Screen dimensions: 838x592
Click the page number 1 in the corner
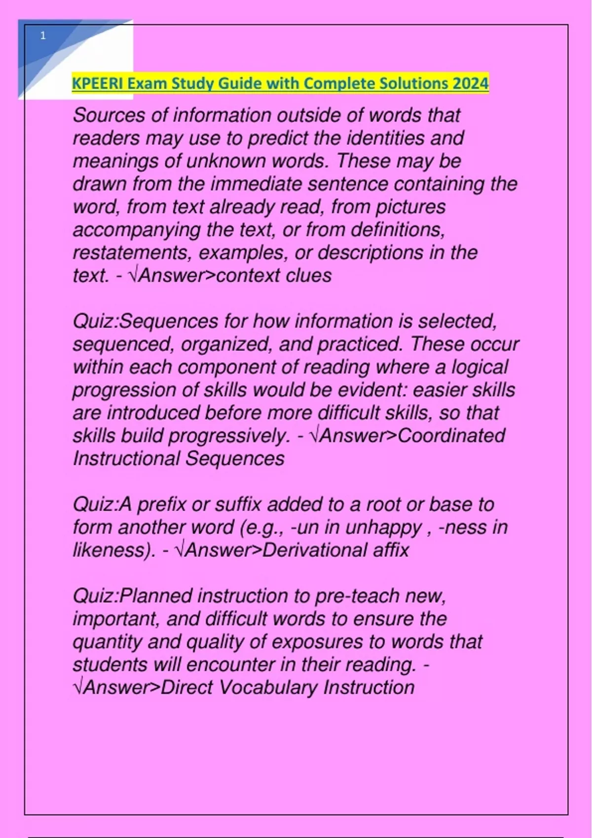43,35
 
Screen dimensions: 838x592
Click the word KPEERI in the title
97,83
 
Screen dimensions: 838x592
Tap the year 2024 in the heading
471,83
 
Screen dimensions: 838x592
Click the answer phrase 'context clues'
274,275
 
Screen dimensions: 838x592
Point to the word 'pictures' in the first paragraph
410,207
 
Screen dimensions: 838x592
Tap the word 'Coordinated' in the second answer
451,435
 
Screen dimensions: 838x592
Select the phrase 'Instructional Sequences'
179,458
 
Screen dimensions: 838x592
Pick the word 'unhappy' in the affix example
383,527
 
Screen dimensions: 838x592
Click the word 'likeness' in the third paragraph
113,550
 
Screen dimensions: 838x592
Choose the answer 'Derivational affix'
335,550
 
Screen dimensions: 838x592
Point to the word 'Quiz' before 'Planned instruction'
94,596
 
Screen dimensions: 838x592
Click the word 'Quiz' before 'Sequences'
94,321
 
